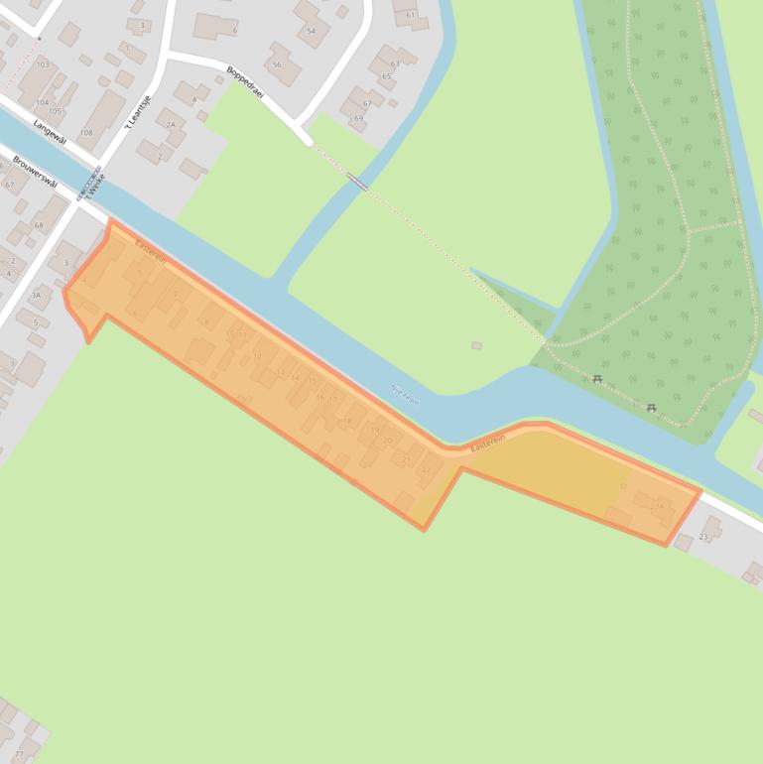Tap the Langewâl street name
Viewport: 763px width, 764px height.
click(x=49, y=132)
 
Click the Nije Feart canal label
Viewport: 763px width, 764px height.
click(x=405, y=393)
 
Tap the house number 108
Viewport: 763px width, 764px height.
click(x=86, y=132)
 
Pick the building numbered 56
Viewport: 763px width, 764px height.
click(x=277, y=64)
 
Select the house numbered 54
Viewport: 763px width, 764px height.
click(x=312, y=31)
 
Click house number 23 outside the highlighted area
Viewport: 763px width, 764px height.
click(x=704, y=536)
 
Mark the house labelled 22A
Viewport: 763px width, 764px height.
click(x=656, y=507)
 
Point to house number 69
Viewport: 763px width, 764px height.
click(x=358, y=118)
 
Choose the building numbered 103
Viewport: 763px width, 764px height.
click(x=42, y=64)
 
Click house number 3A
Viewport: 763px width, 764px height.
click(x=36, y=295)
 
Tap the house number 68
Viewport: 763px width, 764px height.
click(x=39, y=225)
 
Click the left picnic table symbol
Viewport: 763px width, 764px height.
click(x=597, y=379)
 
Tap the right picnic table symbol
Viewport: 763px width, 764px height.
click(x=651, y=408)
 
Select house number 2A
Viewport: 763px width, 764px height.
click(x=171, y=125)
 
